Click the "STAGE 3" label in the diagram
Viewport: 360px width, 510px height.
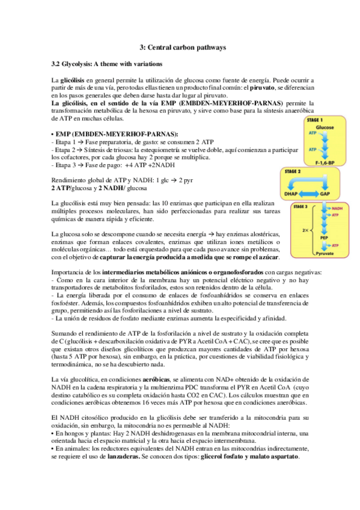click(x=300, y=206)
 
